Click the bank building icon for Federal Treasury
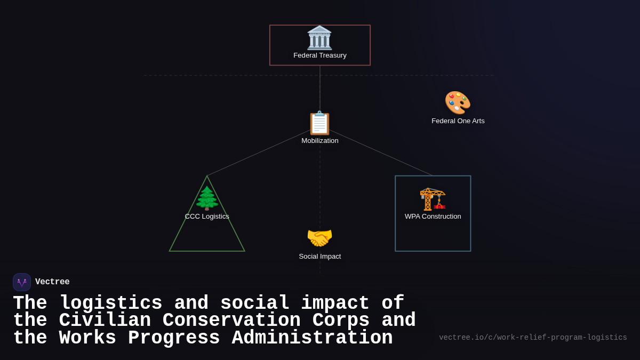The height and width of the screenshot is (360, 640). (319, 38)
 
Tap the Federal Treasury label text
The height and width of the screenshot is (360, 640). (320, 55)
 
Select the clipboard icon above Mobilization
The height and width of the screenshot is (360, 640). (319, 123)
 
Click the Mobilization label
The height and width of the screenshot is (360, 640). (320, 141)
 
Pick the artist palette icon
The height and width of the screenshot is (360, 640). (458, 102)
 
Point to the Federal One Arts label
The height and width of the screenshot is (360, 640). (458, 121)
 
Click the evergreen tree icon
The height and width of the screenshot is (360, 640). (207, 198)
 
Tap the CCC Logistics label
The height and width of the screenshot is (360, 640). (207, 217)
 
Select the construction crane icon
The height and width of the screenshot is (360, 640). (433, 199)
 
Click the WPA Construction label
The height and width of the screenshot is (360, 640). (433, 217)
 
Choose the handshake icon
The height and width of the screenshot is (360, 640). (319, 238)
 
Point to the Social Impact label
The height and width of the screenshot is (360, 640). (320, 257)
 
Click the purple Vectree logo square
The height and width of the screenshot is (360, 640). (22, 282)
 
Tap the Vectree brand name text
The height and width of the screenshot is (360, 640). (52, 282)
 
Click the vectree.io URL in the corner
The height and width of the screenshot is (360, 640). (533, 338)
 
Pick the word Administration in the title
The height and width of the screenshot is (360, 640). (312, 338)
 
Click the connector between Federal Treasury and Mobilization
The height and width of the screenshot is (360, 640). (320, 88)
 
